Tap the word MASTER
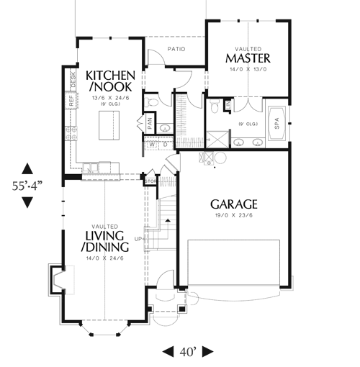click(x=247, y=58)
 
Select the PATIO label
click(x=177, y=50)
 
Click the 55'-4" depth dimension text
click(x=27, y=185)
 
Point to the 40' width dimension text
click(x=187, y=352)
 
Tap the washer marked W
click(x=152, y=145)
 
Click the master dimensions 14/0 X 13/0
click(x=247, y=70)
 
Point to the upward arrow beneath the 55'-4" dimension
click(x=27, y=168)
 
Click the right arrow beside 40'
click(x=207, y=352)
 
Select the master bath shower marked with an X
click(x=215, y=137)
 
